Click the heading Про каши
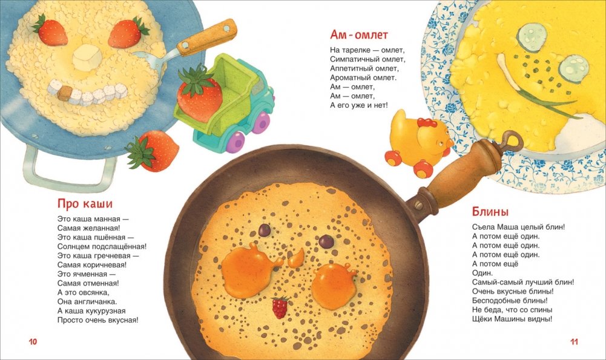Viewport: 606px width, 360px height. pos(85,203)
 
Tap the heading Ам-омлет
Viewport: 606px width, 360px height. pos(358,34)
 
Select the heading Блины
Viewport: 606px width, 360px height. pos(490,211)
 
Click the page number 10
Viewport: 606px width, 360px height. pos(33,341)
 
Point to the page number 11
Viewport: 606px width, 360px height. pos(574,341)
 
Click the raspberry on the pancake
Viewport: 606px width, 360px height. pos(280,307)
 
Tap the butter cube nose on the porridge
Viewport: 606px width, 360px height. pos(87,57)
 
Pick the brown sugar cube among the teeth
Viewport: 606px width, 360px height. pos(65,93)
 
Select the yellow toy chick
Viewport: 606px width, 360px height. pos(417,143)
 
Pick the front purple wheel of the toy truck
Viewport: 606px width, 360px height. pos(235,142)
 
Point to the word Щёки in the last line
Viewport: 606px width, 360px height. pos(481,319)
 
